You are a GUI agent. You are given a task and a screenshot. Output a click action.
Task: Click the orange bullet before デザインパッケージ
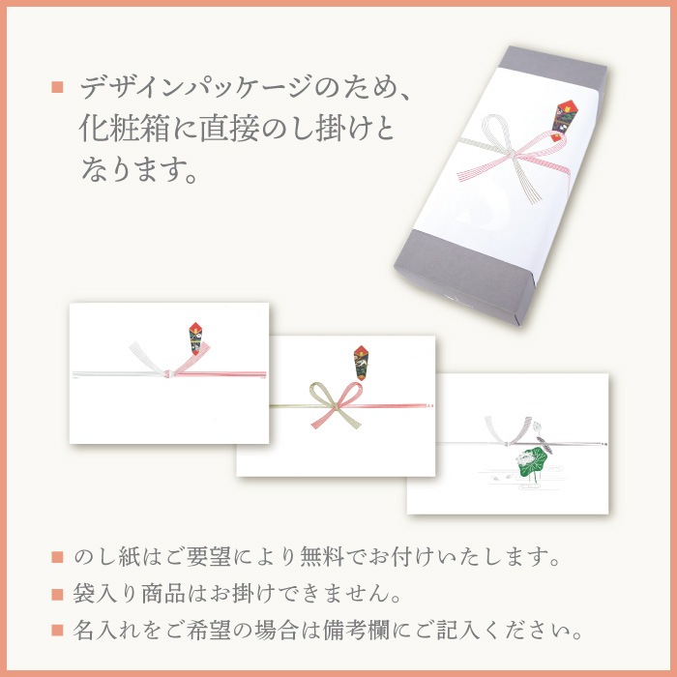57,89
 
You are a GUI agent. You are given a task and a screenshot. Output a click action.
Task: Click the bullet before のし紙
57,559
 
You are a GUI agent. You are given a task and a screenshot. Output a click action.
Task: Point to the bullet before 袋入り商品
57,594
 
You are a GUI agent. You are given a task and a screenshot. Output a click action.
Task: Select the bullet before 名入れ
57,630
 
